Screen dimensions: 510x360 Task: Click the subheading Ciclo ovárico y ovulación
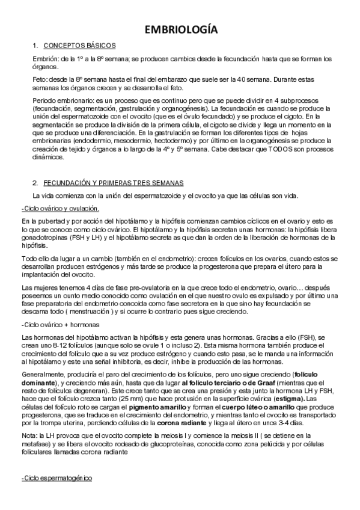click(60, 209)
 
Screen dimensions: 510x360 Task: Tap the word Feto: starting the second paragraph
click(42, 79)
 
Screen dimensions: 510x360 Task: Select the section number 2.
click(35, 182)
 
